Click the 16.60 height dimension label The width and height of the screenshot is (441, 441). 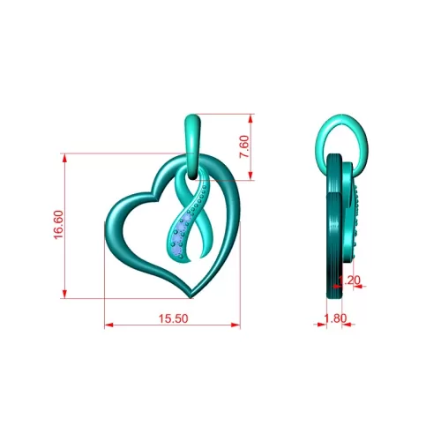coord(58,225)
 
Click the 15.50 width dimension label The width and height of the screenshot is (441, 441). coord(173,318)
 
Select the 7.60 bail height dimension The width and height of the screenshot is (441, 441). coord(244,146)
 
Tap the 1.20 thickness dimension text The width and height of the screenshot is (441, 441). coord(349,280)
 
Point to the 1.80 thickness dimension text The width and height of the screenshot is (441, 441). coord(335,318)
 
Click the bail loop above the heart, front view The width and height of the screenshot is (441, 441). coord(193,146)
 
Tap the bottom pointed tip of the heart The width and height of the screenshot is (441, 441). coord(191,298)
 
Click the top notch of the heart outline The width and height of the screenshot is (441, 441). coord(155,193)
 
